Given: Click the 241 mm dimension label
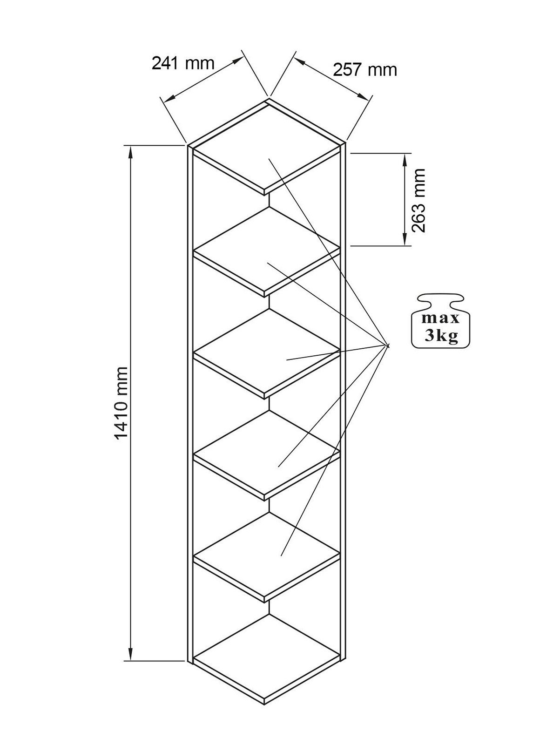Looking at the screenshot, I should pos(183,63).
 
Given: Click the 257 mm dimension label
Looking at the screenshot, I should pos(365,70).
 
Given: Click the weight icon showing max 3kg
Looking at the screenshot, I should pos(439,321).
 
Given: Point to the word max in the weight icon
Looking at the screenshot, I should pos(440,318).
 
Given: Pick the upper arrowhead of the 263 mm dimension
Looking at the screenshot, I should pos(404,159).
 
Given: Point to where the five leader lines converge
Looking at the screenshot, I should pos(387,345).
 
